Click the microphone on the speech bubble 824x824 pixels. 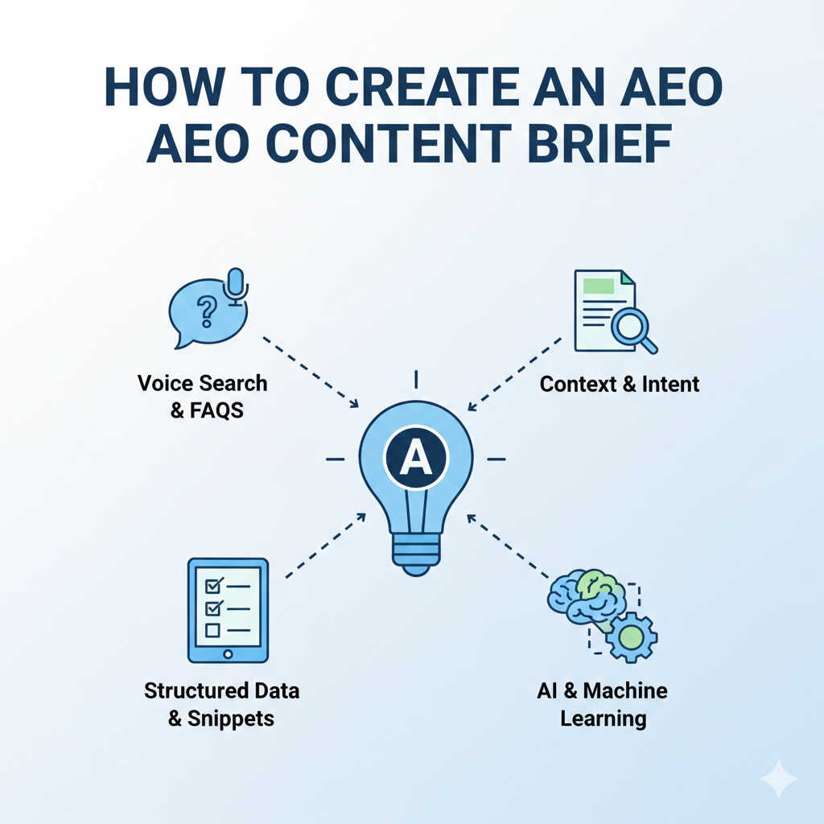[x=236, y=287]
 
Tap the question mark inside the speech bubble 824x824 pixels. [x=207, y=309]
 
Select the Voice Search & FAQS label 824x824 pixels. [x=202, y=396]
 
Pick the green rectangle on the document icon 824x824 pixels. [x=599, y=284]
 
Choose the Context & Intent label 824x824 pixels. [x=620, y=384]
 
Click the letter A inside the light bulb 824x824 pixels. [x=415, y=459]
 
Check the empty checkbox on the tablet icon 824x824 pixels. [x=213, y=631]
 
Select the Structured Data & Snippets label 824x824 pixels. [x=221, y=705]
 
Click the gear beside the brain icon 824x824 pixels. [x=631, y=638]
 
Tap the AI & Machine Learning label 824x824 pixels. [x=603, y=704]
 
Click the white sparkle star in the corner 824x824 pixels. [x=778, y=778]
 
